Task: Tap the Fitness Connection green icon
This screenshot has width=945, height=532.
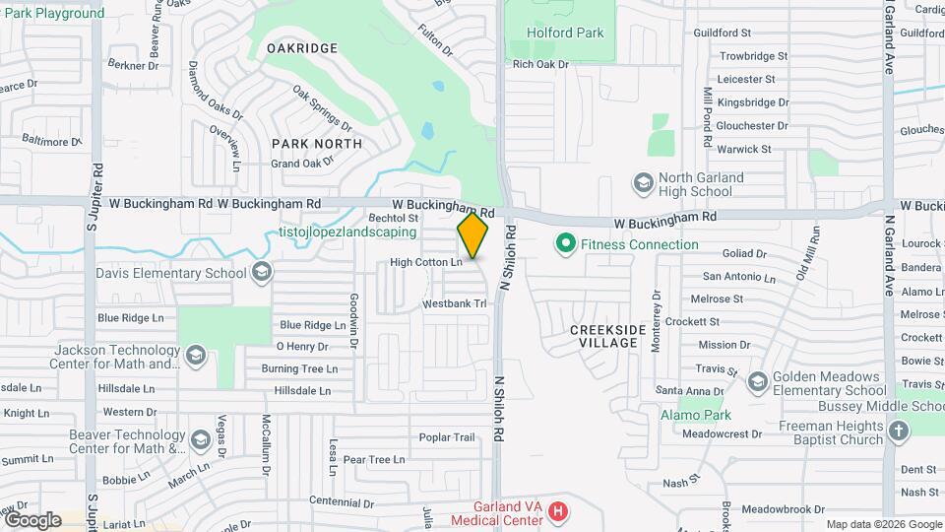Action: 566,242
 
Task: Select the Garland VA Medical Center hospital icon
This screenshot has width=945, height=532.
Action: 559,511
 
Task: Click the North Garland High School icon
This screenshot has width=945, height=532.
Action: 643,183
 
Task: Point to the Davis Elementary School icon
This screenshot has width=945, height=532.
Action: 262,272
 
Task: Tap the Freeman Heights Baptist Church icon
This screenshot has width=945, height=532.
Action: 898,432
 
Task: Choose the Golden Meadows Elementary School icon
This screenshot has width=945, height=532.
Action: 757,382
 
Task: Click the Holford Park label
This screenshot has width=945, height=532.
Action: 564,33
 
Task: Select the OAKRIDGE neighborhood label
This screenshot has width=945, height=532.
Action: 304,48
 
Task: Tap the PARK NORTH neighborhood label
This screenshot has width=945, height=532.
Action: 317,144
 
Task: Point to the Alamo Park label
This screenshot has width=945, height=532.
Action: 690,416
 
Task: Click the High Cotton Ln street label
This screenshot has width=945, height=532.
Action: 425,262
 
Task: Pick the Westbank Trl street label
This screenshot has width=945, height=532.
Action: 455,304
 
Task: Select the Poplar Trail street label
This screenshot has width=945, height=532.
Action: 447,437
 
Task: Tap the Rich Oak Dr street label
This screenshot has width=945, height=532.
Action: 540,65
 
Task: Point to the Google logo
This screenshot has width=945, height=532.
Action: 32,519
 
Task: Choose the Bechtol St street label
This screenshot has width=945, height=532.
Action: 394,218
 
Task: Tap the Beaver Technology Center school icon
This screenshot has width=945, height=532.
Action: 202,439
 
